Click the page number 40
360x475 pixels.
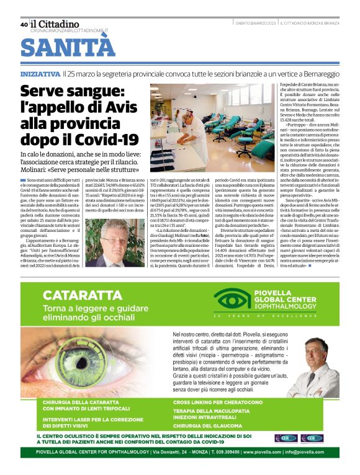point(24,25)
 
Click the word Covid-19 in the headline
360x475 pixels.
point(106,138)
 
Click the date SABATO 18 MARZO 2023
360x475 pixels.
point(256,24)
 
